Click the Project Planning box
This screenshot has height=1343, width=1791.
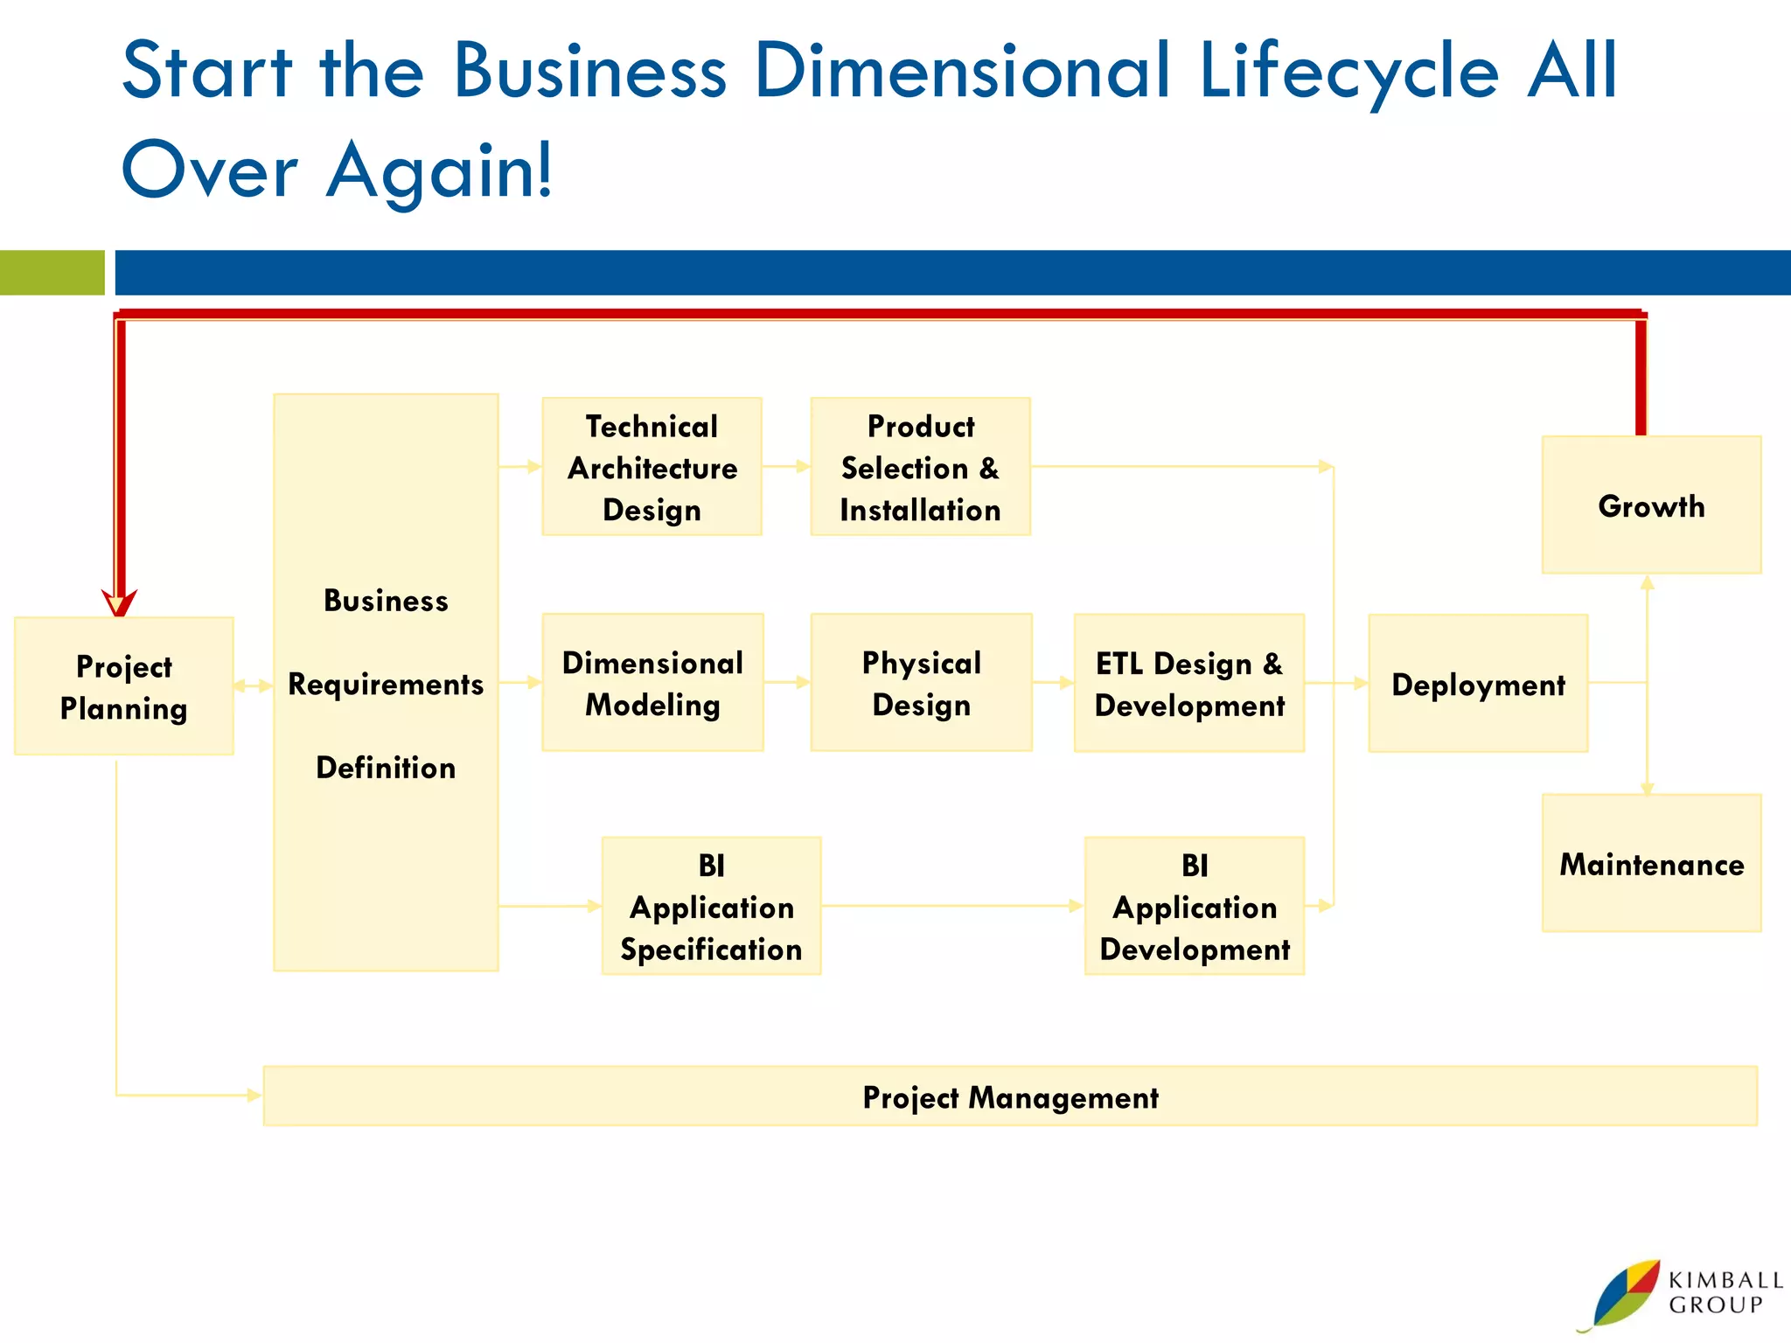[123, 686]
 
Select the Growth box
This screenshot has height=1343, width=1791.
[1651, 505]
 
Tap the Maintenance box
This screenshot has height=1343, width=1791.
[1651, 864]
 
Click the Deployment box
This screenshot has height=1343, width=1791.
[1478, 684]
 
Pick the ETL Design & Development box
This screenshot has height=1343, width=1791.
[1188, 684]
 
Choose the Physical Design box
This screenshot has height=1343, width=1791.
[921, 683]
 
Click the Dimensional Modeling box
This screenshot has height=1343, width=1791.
[652, 683]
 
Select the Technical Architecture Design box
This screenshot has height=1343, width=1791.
[652, 467]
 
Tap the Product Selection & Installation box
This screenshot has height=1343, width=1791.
[920, 467]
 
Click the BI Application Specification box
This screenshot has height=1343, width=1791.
[711, 907]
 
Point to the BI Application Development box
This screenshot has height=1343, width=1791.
[1194, 907]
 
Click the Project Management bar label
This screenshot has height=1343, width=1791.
[1010, 1097]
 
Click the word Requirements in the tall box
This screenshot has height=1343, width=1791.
[386, 684]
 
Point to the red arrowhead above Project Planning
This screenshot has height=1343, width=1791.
[119, 603]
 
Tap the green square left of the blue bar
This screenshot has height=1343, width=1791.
[52, 273]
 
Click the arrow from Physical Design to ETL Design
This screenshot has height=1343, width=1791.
[1053, 683]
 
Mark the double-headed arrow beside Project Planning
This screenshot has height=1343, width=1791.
[254, 686]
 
